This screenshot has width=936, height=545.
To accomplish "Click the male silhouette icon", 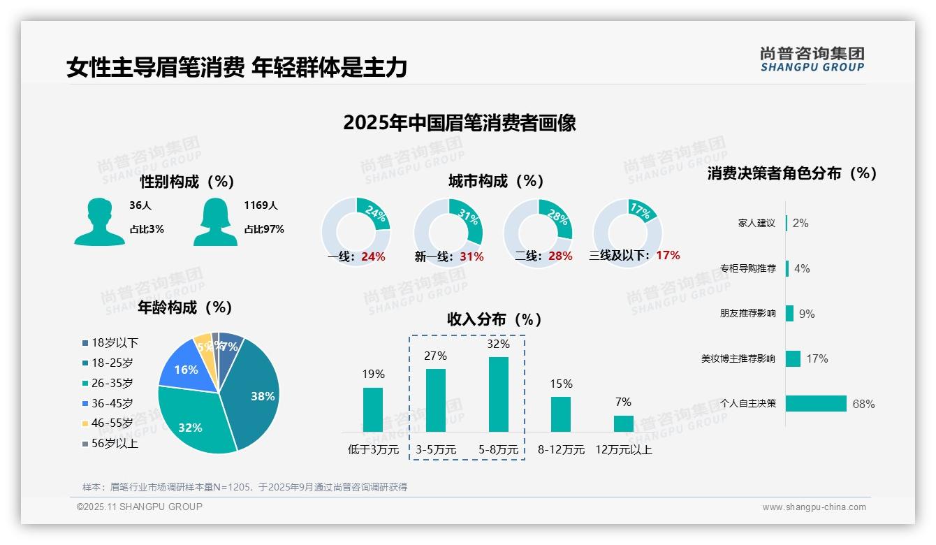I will point(99,221).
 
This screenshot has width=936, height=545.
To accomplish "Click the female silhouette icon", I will point(215,221).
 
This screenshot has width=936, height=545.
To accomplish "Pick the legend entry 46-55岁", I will point(112,423).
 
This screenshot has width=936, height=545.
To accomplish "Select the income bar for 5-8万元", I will point(499,395).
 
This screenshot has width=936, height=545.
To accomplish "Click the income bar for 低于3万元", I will point(373,409).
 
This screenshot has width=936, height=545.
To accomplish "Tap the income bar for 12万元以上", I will point(624,423).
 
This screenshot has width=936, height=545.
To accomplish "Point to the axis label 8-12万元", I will point(561,450).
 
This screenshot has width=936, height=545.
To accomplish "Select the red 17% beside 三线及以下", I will point(668,256).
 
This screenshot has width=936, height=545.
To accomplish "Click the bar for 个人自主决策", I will point(816,404).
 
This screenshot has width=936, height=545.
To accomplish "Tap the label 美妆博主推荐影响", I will point(738,359).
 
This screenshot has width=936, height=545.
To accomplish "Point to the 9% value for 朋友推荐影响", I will point(807,314).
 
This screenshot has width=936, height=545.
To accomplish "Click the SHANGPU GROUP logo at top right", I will point(812,59).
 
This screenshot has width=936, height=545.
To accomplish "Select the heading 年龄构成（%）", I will point(185,307).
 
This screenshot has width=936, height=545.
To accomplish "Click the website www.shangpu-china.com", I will point(814,507).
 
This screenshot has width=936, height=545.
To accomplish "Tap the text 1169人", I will point(261,205).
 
